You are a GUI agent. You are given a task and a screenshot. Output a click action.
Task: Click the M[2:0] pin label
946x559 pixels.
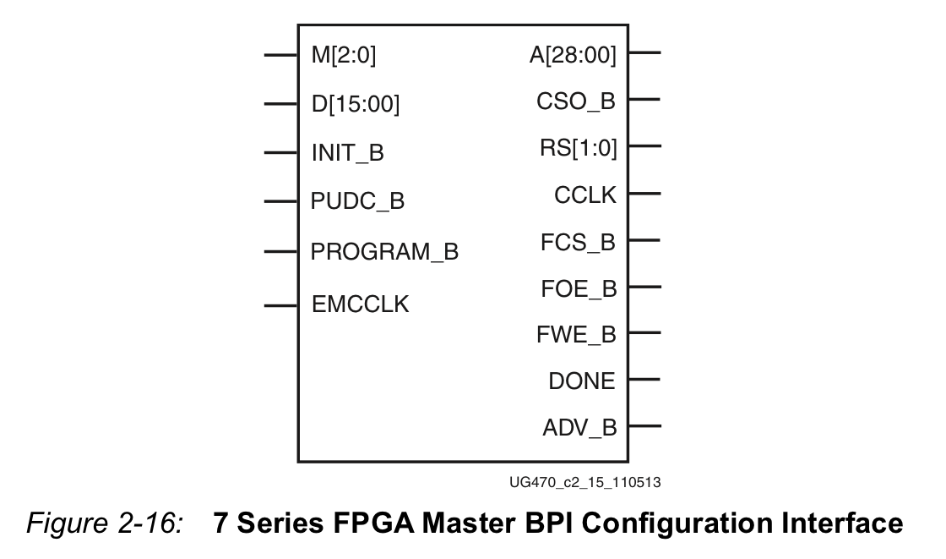click(x=343, y=56)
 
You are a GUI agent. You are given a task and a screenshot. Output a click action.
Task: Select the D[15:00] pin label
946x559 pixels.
click(x=356, y=105)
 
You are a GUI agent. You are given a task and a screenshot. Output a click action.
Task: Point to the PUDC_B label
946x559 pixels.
click(x=357, y=201)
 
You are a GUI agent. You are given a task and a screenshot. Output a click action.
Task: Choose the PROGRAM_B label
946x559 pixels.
click(x=384, y=251)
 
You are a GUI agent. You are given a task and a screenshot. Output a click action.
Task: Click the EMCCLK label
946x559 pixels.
click(x=360, y=304)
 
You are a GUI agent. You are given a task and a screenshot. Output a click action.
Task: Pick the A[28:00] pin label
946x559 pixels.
click(x=574, y=55)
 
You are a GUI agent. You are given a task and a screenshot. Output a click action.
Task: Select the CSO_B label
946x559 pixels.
click(x=576, y=101)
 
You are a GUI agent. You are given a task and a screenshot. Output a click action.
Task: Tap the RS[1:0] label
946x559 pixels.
click(x=579, y=148)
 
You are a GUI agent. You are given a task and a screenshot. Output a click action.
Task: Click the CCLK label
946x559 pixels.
click(x=585, y=195)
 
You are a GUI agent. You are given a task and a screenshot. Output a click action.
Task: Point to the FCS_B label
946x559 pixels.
click(x=578, y=243)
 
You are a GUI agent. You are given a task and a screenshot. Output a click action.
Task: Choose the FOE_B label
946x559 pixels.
click(x=579, y=289)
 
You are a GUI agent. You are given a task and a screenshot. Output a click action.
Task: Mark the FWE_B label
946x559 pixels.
click(x=576, y=335)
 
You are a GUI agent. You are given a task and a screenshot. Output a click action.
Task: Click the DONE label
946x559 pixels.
click(x=582, y=381)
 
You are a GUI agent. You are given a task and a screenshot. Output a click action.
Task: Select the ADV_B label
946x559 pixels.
click(x=579, y=428)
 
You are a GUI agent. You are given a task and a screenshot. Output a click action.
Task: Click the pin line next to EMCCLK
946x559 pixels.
click(x=281, y=306)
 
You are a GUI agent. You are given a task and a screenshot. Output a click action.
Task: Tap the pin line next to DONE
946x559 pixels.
click(x=644, y=380)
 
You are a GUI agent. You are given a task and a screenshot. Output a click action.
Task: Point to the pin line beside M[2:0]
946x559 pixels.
click(x=281, y=55)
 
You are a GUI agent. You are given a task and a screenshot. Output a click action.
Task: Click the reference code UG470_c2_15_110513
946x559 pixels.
click(x=585, y=482)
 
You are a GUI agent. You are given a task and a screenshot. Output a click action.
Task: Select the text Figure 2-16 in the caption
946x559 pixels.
click(x=105, y=523)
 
